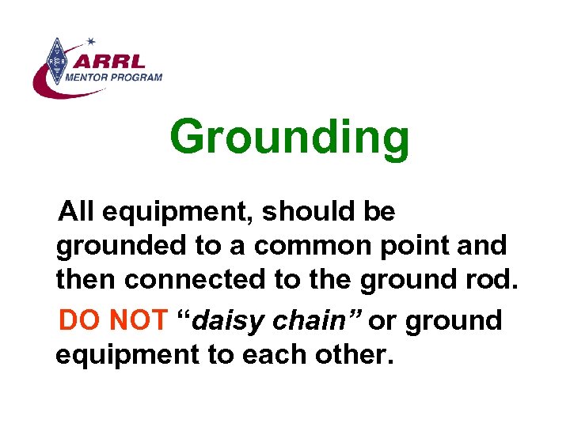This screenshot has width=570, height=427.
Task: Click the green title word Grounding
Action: [290, 138]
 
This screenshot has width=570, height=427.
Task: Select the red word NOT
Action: [139, 320]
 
